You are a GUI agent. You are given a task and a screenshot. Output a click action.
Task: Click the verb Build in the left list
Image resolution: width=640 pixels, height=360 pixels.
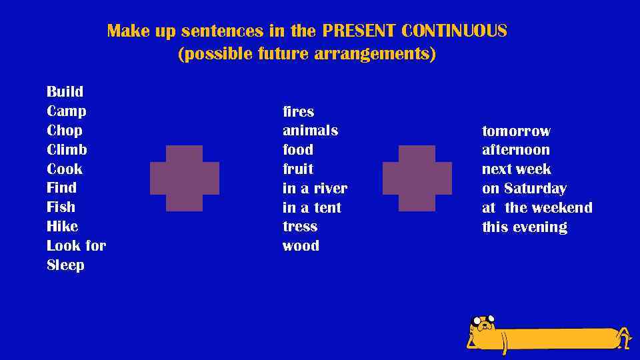(65, 91)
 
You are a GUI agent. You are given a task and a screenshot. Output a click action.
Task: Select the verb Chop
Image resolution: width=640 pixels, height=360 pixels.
(65, 130)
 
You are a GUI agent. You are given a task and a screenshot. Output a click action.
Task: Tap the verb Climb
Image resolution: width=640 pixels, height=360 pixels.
(67, 149)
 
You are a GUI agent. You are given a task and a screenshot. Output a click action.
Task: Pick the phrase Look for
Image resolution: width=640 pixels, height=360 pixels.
(76, 245)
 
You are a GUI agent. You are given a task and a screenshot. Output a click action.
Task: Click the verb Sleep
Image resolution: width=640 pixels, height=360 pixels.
(65, 265)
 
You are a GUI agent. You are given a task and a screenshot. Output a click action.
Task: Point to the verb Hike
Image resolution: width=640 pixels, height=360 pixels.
(62, 226)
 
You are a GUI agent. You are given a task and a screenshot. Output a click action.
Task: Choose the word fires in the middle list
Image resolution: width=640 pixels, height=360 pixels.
(298, 111)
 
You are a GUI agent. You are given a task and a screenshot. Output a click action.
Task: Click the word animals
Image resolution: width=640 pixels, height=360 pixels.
(310, 130)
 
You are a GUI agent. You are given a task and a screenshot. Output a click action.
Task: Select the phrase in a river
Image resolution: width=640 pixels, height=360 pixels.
(315, 188)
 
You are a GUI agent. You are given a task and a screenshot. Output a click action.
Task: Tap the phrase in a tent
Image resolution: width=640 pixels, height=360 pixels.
(311, 207)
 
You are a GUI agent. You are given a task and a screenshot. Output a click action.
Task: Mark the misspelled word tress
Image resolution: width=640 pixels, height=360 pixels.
(299, 226)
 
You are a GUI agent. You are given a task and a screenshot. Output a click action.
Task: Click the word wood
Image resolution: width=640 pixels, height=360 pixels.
(301, 245)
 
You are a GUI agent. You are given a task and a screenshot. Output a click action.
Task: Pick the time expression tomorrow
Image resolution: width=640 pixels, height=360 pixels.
(516, 131)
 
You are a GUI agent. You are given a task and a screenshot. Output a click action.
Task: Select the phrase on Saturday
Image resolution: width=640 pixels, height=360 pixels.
(524, 188)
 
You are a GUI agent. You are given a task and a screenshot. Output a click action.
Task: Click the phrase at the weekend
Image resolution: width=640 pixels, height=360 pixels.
(537, 207)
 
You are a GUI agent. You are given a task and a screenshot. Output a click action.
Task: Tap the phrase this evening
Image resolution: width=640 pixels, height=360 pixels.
(524, 227)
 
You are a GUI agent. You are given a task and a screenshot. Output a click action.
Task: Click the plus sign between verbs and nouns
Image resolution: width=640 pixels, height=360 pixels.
(185, 178)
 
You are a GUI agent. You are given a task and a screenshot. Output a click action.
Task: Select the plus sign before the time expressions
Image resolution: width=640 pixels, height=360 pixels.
(417, 178)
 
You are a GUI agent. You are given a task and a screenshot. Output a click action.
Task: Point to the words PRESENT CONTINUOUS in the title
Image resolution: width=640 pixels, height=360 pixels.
(414, 31)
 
